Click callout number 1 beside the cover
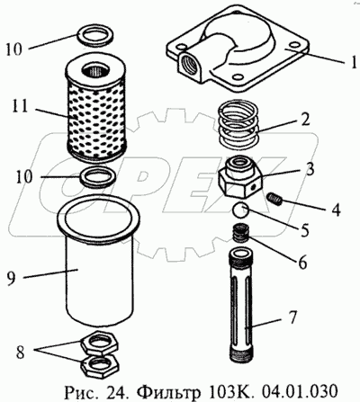pyautogui.click(x=354, y=62)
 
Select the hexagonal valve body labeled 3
pyautogui.click(x=241, y=176)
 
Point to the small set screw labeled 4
pyautogui.click(x=274, y=199)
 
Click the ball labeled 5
pyautogui.click(x=241, y=211)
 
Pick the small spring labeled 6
pyautogui.click(x=241, y=233)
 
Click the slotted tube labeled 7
pyautogui.click(x=242, y=305)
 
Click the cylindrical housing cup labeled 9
pyautogui.click(x=99, y=263)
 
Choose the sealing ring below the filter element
pyautogui.click(x=98, y=177)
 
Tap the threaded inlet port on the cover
pyautogui.click(x=188, y=64)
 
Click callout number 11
pyautogui.click(x=20, y=107)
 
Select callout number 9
pyautogui.click(x=11, y=278)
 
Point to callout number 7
pyautogui.click(x=292, y=317)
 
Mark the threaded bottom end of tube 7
pyautogui.click(x=242, y=353)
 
